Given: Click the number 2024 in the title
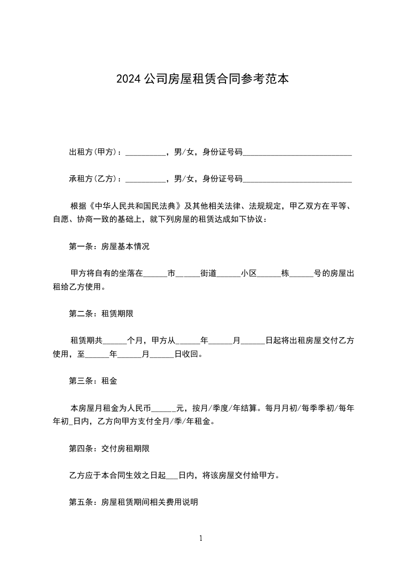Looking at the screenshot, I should point(128,79).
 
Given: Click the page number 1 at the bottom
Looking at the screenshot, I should point(201,538).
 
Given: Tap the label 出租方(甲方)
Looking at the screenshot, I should point(93,152).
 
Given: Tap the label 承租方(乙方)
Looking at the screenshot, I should point(93,178).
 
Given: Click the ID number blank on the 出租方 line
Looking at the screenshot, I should point(297,153).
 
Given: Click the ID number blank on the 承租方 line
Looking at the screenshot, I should point(297,179).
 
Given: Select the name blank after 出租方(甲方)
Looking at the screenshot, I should point(145,153).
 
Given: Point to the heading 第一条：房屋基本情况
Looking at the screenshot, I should point(109,247).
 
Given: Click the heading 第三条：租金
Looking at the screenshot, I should point(93,381).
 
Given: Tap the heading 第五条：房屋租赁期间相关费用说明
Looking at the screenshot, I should point(133,502).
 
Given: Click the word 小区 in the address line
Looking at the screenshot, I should point(249,273).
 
